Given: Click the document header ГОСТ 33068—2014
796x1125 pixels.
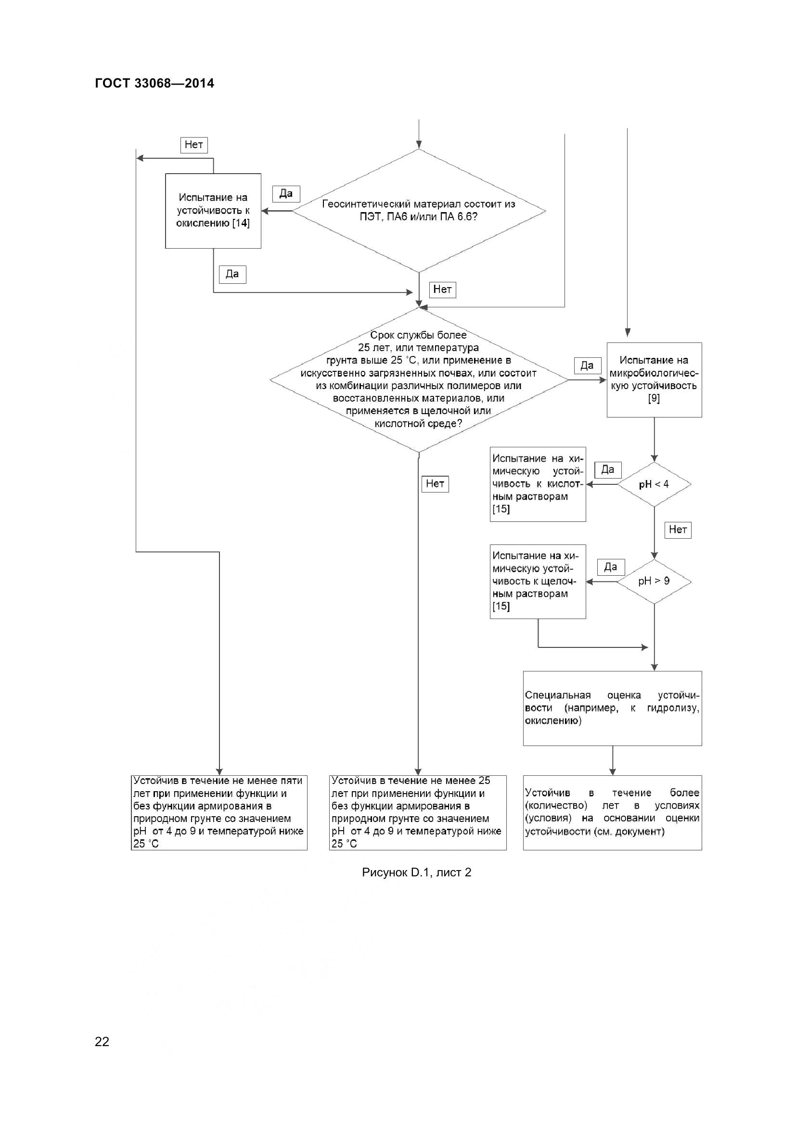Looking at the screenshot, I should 154,83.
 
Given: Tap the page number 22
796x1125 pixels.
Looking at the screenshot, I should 102,1042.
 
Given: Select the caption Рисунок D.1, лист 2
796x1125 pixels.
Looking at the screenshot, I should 416,872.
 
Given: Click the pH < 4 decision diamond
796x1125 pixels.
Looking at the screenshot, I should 654,484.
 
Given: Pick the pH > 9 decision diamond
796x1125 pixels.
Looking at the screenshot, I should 654,581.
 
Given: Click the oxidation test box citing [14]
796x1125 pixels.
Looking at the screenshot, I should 213,211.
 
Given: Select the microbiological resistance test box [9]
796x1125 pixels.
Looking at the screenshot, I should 654,380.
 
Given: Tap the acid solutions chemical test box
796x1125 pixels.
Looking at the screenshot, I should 538,484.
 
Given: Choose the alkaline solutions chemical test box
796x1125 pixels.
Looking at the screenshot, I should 538,581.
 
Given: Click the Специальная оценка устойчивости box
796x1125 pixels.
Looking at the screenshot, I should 612,708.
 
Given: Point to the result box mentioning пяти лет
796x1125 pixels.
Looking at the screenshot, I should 219,812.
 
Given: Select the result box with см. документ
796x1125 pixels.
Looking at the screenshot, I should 612,812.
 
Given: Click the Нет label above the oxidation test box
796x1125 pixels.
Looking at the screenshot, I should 194,145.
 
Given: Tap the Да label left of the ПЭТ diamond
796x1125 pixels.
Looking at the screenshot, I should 286,193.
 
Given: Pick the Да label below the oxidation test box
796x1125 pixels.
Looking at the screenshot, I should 232,274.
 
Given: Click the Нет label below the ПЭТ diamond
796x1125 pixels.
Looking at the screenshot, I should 442,290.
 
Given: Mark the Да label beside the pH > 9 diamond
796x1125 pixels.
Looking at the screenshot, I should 610,568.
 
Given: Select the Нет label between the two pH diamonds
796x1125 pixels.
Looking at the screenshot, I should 678,530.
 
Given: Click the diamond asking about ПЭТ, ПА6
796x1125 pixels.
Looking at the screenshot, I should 419,211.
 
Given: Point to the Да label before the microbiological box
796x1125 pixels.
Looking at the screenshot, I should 587,366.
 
